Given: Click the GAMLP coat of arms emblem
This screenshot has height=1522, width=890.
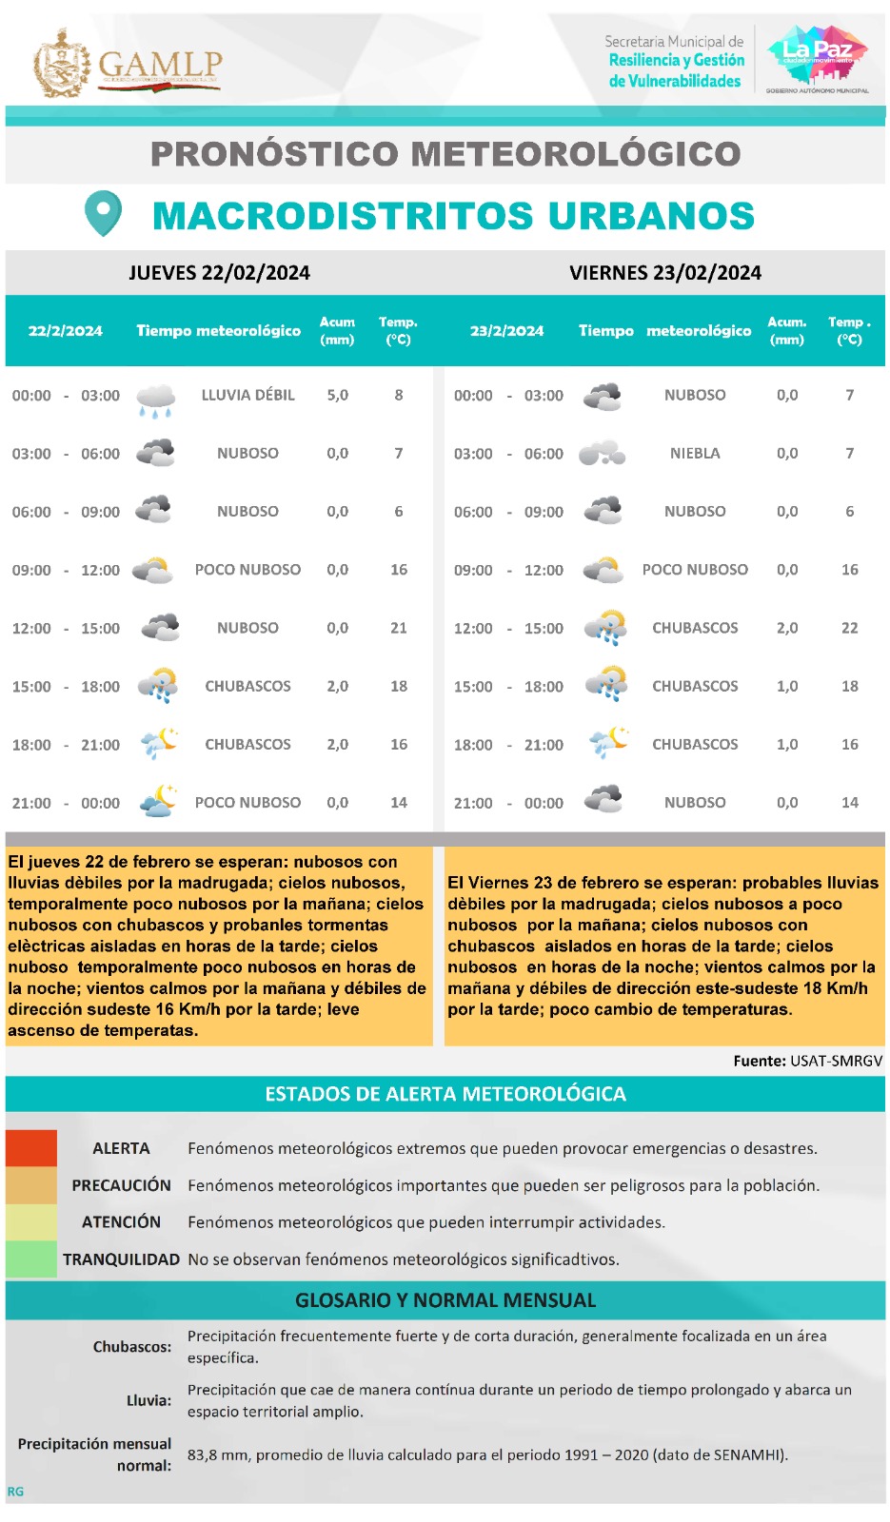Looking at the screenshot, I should pyautogui.click(x=62, y=64).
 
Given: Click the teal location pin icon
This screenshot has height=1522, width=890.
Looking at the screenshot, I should pyautogui.click(x=103, y=213).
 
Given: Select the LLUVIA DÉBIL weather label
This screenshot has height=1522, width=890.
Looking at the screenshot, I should pyautogui.click(x=247, y=395).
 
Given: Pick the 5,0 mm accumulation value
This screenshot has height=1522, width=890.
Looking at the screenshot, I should pyautogui.click(x=338, y=395).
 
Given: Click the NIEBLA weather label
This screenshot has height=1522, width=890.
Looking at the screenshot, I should pyautogui.click(x=695, y=454).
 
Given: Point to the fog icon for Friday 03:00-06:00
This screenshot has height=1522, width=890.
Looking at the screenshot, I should pyautogui.click(x=603, y=454).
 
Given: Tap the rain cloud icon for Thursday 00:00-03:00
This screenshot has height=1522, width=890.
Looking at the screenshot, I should pyautogui.click(x=156, y=400).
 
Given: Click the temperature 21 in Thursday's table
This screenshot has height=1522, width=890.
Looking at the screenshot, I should pyautogui.click(x=399, y=628).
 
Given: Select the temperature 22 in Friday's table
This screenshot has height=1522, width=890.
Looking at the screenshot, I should pyautogui.click(x=850, y=628).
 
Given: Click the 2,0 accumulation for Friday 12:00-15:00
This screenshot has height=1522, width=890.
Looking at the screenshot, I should pyautogui.click(x=787, y=628).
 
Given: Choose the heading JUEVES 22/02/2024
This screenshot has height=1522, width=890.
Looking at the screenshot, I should pyautogui.click(x=220, y=273).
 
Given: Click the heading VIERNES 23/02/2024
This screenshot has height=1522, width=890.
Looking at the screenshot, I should pyautogui.click(x=665, y=273).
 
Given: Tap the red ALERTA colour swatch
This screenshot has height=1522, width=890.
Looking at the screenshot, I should pyautogui.click(x=31, y=1148).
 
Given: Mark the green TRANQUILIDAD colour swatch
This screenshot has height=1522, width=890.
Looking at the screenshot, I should pyautogui.click(x=31, y=1259).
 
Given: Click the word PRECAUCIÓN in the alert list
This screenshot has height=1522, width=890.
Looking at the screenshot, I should pyautogui.click(x=121, y=1185).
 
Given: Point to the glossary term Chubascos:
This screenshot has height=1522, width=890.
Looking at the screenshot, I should pyautogui.click(x=132, y=1347).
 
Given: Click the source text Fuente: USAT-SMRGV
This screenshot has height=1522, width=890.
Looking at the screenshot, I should pyautogui.click(x=807, y=1061).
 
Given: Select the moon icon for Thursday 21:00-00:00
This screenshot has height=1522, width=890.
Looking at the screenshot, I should pyautogui.click(x=158, y=801).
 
